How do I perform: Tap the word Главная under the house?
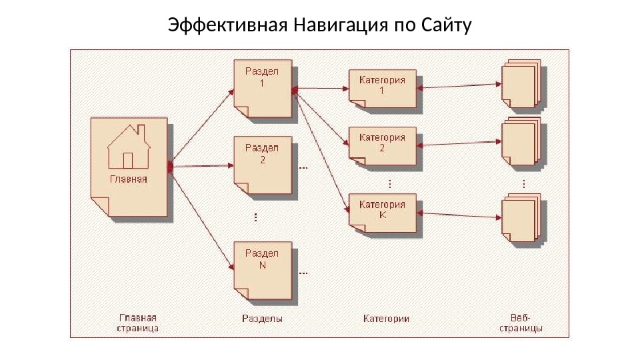click(129, 179)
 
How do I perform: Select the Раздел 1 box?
click(263, 89)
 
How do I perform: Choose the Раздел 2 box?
click(263, 165)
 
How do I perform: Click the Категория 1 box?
click(383, 88)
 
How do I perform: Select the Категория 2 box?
click(383, 145)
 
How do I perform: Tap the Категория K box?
click(383, 211)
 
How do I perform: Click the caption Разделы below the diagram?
click(262, 319)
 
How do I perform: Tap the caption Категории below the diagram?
click(386, 319)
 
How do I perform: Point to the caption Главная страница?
click(138, 323)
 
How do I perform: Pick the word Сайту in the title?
click(447, 26)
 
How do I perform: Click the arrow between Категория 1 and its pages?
click(460, 85)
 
